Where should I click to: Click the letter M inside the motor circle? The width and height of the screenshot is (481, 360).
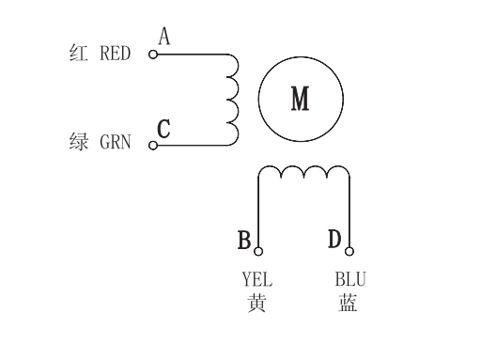(300, 98)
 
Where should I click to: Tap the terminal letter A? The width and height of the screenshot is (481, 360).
(164, 37)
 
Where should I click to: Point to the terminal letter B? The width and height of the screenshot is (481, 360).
(244, 241)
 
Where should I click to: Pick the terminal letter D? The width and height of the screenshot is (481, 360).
(334, 240)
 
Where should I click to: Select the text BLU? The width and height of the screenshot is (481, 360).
(350, 280)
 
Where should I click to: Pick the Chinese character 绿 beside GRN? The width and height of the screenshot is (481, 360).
(79, 144)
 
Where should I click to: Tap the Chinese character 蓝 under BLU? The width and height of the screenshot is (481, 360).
(349, 304)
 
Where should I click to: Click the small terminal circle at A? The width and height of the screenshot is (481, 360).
(152, 55)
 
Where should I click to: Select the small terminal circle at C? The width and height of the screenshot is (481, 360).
(152, 144)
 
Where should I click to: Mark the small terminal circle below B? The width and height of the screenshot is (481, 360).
(258, 251)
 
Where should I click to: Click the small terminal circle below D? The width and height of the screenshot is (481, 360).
(349, 251)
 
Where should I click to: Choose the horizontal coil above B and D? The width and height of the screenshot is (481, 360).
(304, 173)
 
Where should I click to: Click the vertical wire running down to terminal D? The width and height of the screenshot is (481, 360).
(349, 211)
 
